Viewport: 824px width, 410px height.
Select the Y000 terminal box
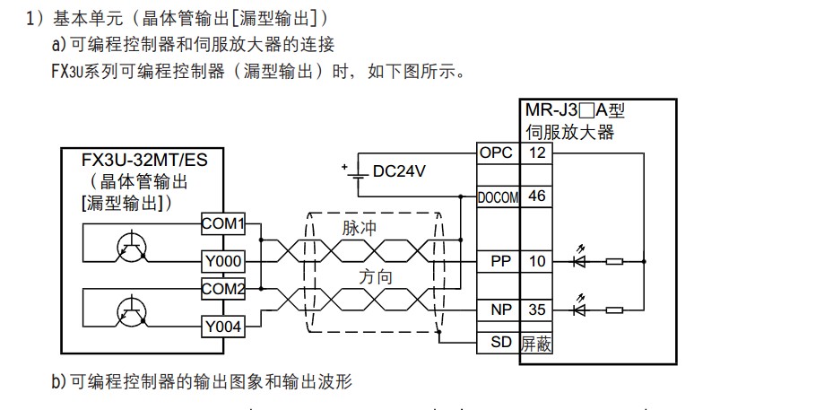pyautogui.click(x=222, y=261)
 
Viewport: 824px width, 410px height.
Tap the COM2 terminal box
pyautogui.click(x=222, y=289)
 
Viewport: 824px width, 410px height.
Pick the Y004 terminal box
pyautogui.click(x=222, y=327)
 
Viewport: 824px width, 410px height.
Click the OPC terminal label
pyautogui.click(x=496, y=153)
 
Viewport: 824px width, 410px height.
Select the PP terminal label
pyautogui.click(x=499, y=261)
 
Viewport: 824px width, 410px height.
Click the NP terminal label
pyautogui.click(x=499, y=310)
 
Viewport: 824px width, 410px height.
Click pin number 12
pyautogui.click(x=537, y=153)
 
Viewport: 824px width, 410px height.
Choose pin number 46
pyautogui.click(x=537, y=196)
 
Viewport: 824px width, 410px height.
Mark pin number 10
pyautogui.click(x=537, y=261)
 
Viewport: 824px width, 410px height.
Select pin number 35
pyautogui.click(x=537, y=310)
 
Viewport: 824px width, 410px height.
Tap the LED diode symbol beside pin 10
pyautogui.click(x=579, y=261)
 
